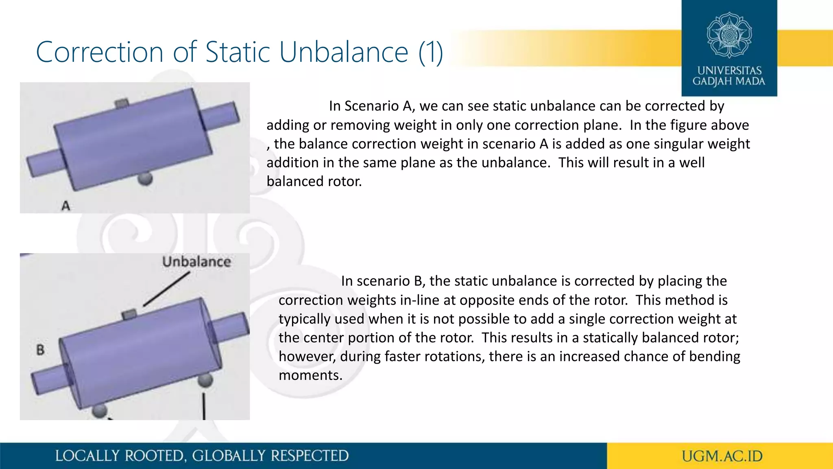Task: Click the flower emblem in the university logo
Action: [x=729, y=35]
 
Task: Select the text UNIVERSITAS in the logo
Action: [x=729, y=70]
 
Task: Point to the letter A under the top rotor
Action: [x=66, y=206]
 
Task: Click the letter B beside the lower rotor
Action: [x=40, y=350]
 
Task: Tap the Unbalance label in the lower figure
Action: [x=196, y=261]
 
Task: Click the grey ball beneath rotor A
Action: [x=145, y=178]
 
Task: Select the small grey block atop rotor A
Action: [x=122, y=103]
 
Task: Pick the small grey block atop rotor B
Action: [x=129, y=314]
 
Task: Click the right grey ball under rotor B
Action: [x=205, y=380]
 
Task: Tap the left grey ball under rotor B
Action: [x=99, y=410]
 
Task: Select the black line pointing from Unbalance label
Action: [x=167, y=289]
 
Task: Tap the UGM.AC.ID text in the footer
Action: [x=722, y=456]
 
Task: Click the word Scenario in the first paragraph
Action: [x=372, y=106]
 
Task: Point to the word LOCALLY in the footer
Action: [x=87, y=456]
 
